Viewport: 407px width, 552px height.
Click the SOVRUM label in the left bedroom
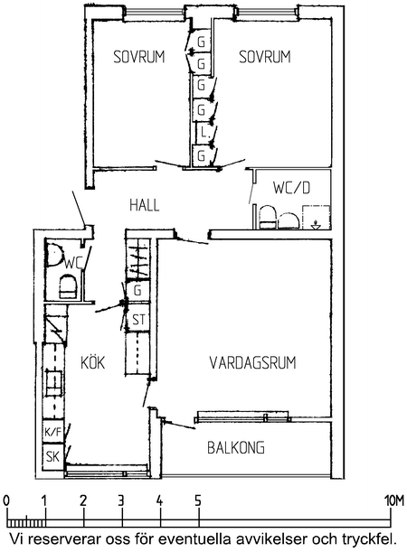[139, 57]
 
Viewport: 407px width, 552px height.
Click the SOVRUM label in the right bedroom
[265, 57]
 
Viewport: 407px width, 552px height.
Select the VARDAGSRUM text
[253, 362]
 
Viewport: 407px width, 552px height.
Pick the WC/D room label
[291, 188]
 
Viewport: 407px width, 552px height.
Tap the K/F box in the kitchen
[53, 433]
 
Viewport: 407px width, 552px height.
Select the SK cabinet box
[53, 456]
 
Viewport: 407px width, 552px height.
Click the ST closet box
[138, 320]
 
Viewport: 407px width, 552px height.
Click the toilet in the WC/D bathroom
[267, 216]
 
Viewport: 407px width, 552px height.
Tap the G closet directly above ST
[137, 292]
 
